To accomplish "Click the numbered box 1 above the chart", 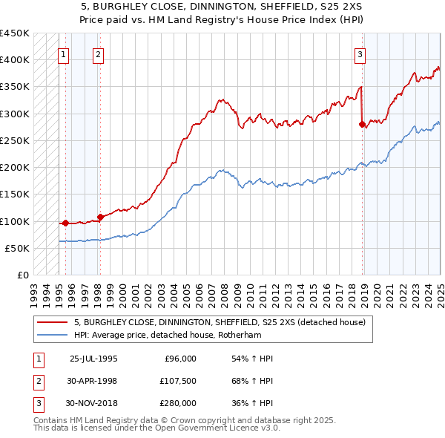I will click(63, 53).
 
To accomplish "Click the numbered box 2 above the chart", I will click(99, 53).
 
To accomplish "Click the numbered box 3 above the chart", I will click(360, 53).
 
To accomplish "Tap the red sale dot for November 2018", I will click(362, 125).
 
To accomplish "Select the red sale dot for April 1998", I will click(100, 217).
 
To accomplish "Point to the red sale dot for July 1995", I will click(65, 223).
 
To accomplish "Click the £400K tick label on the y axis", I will click(14, 60).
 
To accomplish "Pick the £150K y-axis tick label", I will click(14, 195).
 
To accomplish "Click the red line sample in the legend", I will click(53, 323).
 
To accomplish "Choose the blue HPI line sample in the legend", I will click(53, 335).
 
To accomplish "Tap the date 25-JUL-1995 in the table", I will click(93, 359).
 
